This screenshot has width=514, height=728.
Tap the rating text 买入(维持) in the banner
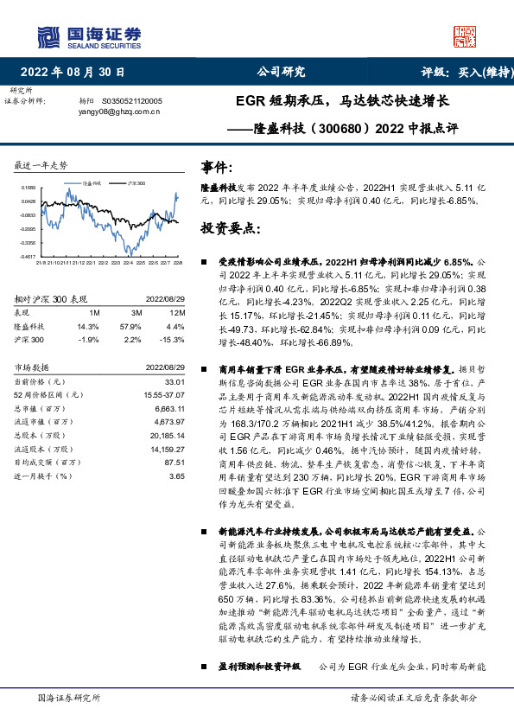479,72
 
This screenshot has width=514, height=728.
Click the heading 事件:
217,167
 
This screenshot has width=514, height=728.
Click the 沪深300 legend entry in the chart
136,184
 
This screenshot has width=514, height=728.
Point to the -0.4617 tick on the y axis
27,257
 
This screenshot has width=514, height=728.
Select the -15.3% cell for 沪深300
176,339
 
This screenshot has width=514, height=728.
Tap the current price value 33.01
175,381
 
